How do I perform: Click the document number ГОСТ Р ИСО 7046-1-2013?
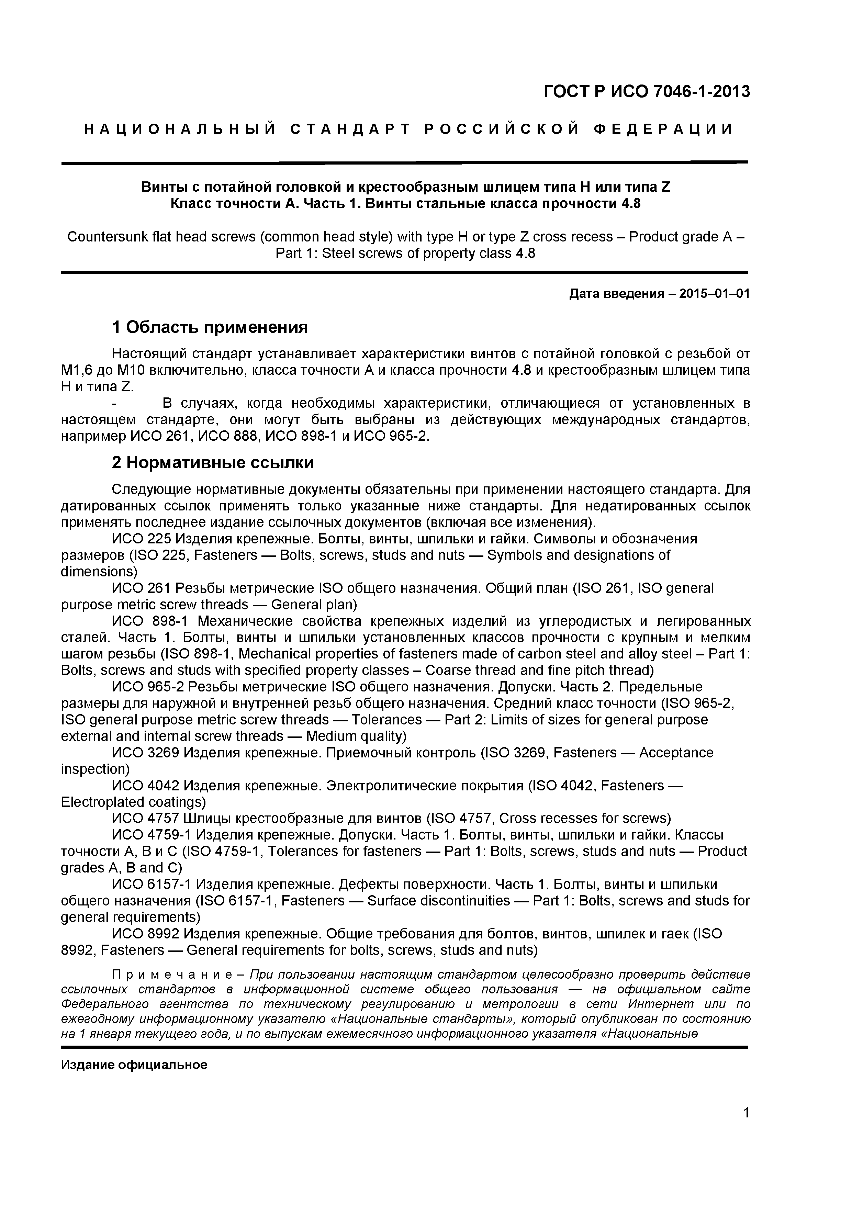coord(647,92)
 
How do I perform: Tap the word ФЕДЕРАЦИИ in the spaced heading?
coord(663,129)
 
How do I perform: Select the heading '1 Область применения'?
coord(210,327)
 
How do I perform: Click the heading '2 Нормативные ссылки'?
coord(213,462)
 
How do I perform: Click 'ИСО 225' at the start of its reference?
coord(142,539)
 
